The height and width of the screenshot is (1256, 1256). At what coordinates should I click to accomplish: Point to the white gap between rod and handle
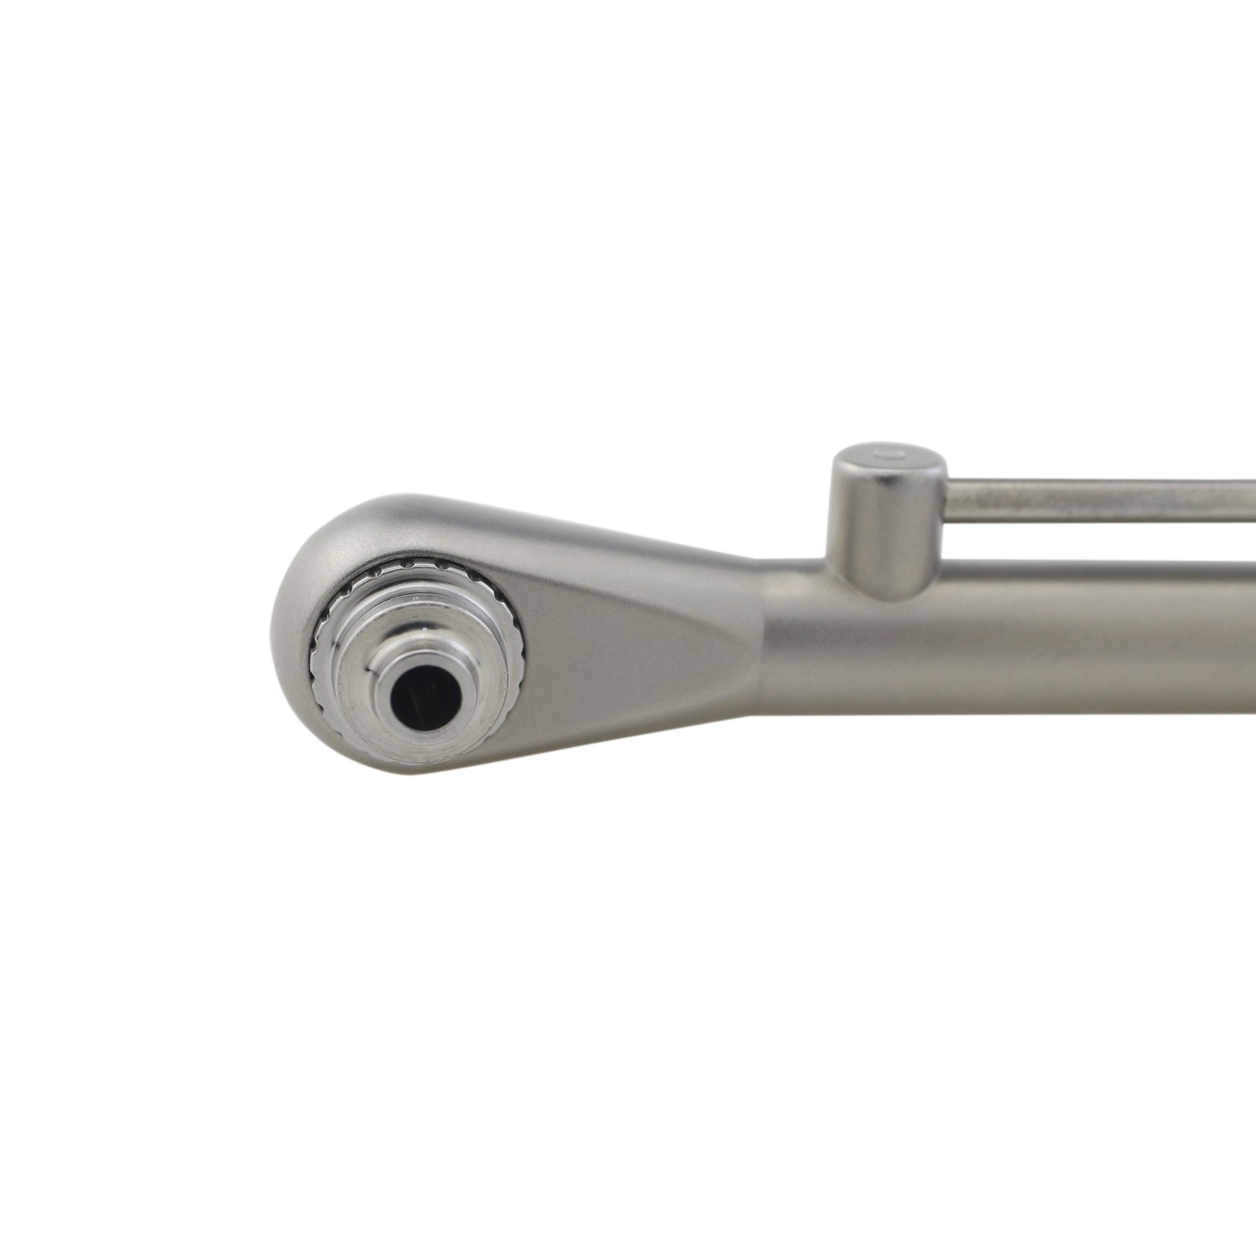coord(1099,541)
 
